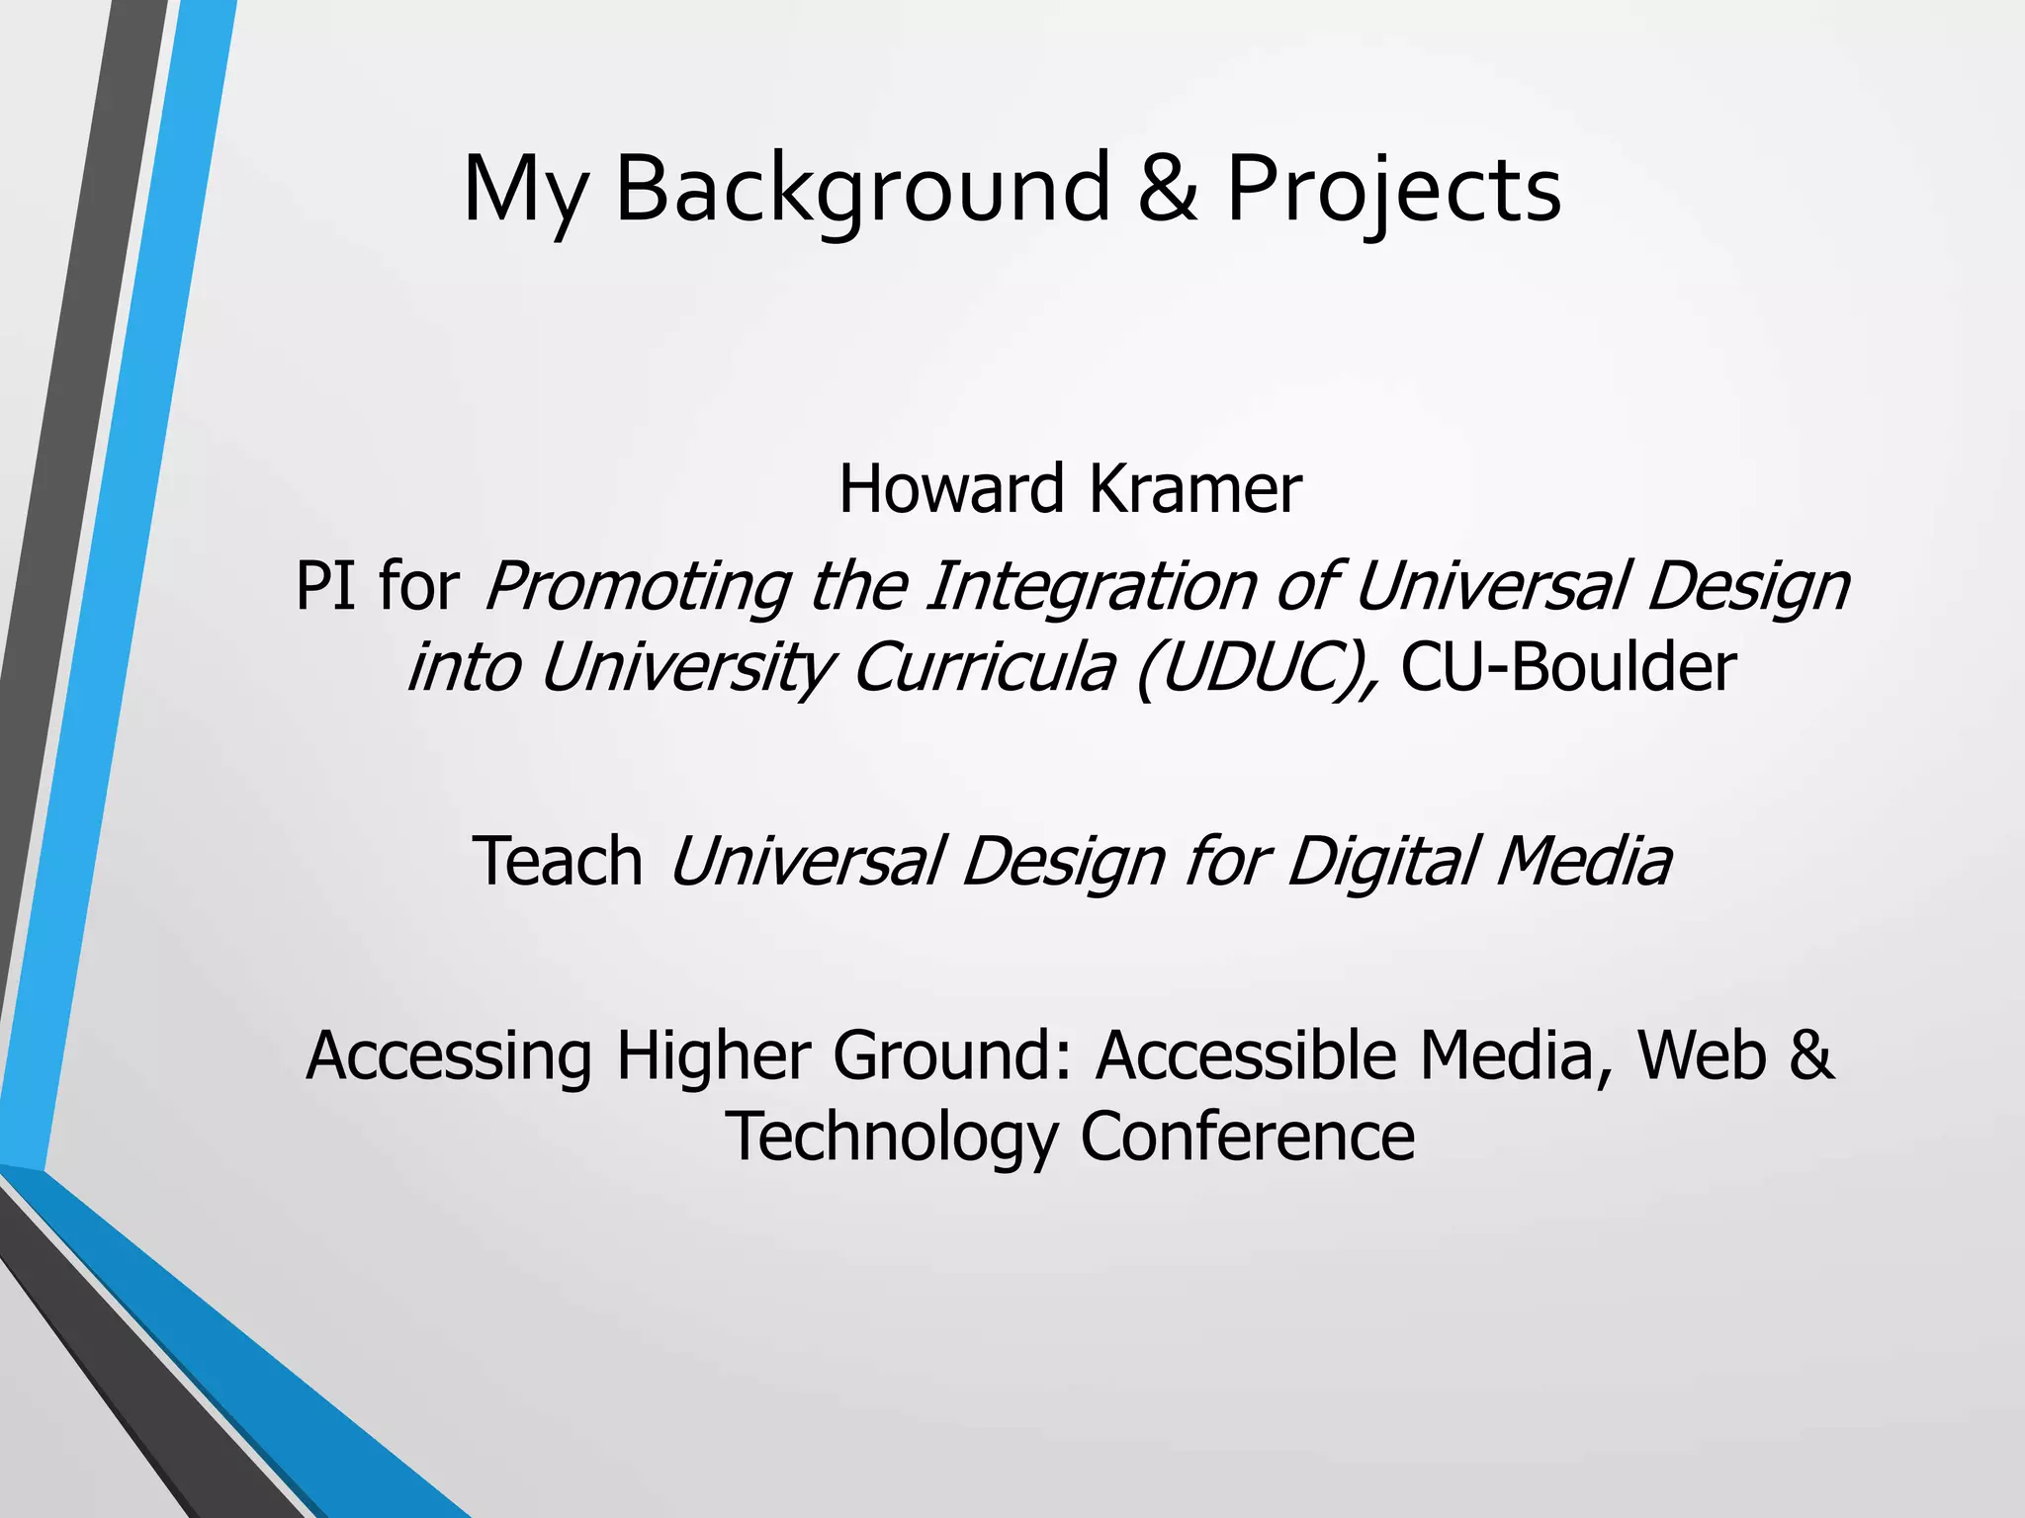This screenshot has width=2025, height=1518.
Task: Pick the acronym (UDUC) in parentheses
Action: tap(1257, 667)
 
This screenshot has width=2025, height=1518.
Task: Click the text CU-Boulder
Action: tap(1568, 667)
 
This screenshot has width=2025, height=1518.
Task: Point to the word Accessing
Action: tap(449, 1055)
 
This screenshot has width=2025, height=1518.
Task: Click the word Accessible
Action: tap(1246, 1055)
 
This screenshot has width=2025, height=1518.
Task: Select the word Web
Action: tap(1701, 1055)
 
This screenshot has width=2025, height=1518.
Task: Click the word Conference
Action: tap(1247, 1137)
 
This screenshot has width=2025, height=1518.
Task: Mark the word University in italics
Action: tap(687, 667)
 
